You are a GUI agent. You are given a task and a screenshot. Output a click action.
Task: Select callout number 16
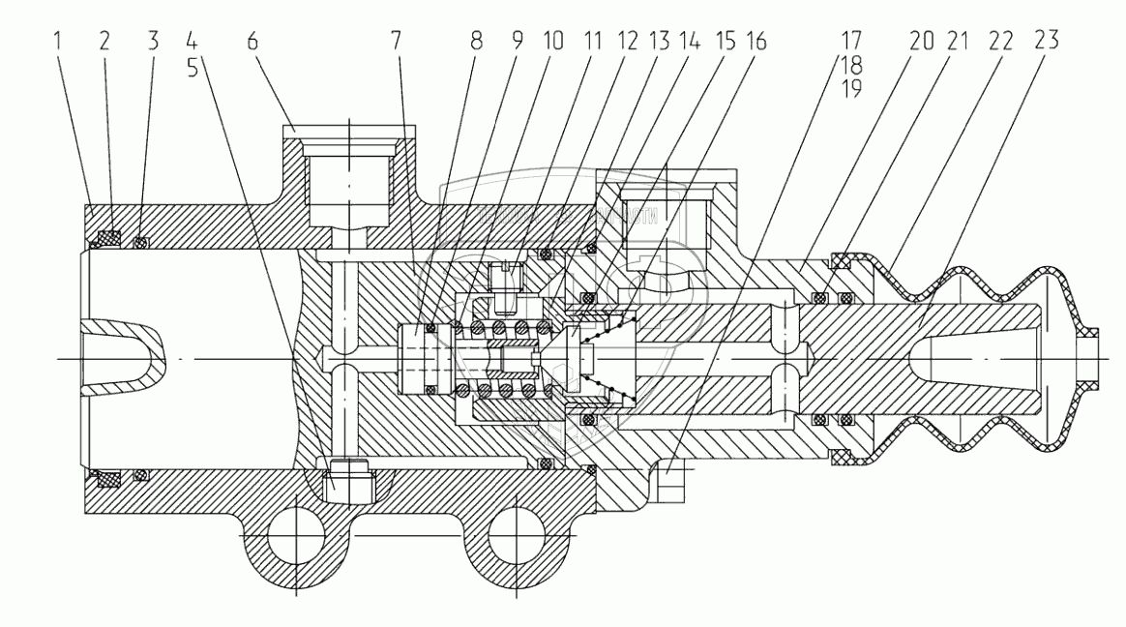pyautogui.click(x=756, y=43)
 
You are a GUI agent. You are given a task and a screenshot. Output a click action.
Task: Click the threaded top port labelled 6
pyautogui.click(x=348, y=184)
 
